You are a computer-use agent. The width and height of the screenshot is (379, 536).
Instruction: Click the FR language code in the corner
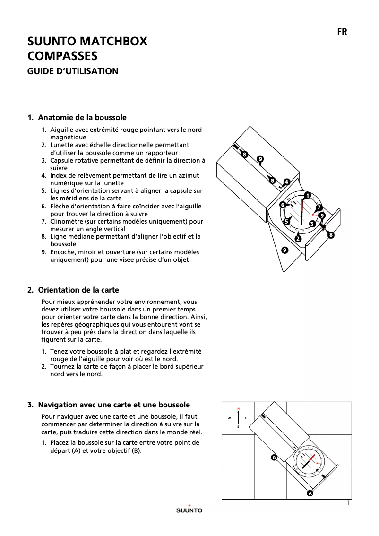[x=342, y=32]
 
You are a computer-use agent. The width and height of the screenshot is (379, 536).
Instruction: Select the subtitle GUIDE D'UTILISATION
[x=73, y=71]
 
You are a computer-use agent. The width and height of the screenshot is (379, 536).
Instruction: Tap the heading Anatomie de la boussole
[x=82, y=117]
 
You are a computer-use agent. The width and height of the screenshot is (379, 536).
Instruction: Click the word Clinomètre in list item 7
[x=67, y=221]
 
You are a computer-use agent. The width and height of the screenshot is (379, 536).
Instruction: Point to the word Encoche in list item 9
[x=64, y=252]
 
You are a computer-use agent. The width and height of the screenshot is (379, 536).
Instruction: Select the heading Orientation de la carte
[x=78, y=290]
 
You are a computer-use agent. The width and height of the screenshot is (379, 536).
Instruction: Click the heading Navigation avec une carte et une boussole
[x=114, y=405]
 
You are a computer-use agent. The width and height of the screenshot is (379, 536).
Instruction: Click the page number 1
[x=348, y=503]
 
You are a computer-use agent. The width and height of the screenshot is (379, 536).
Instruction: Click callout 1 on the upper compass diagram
[x=307, y=195]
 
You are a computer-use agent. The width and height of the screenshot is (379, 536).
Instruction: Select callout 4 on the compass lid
[x=286, y=182]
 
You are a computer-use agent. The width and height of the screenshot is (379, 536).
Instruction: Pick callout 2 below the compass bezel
[x=298, y=239]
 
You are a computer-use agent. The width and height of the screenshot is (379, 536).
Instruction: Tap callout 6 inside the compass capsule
[x=283, y=205]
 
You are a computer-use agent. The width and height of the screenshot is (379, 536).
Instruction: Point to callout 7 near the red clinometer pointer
[x=319, y=207]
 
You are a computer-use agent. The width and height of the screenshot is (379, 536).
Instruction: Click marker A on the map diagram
[x=310, y=493]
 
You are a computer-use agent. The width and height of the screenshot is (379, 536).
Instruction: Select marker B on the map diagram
[x=274, y=457]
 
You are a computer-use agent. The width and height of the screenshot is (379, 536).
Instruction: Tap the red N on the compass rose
[x=238, y=408]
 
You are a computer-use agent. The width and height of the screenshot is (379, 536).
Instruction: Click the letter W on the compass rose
[x=229, y=418]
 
